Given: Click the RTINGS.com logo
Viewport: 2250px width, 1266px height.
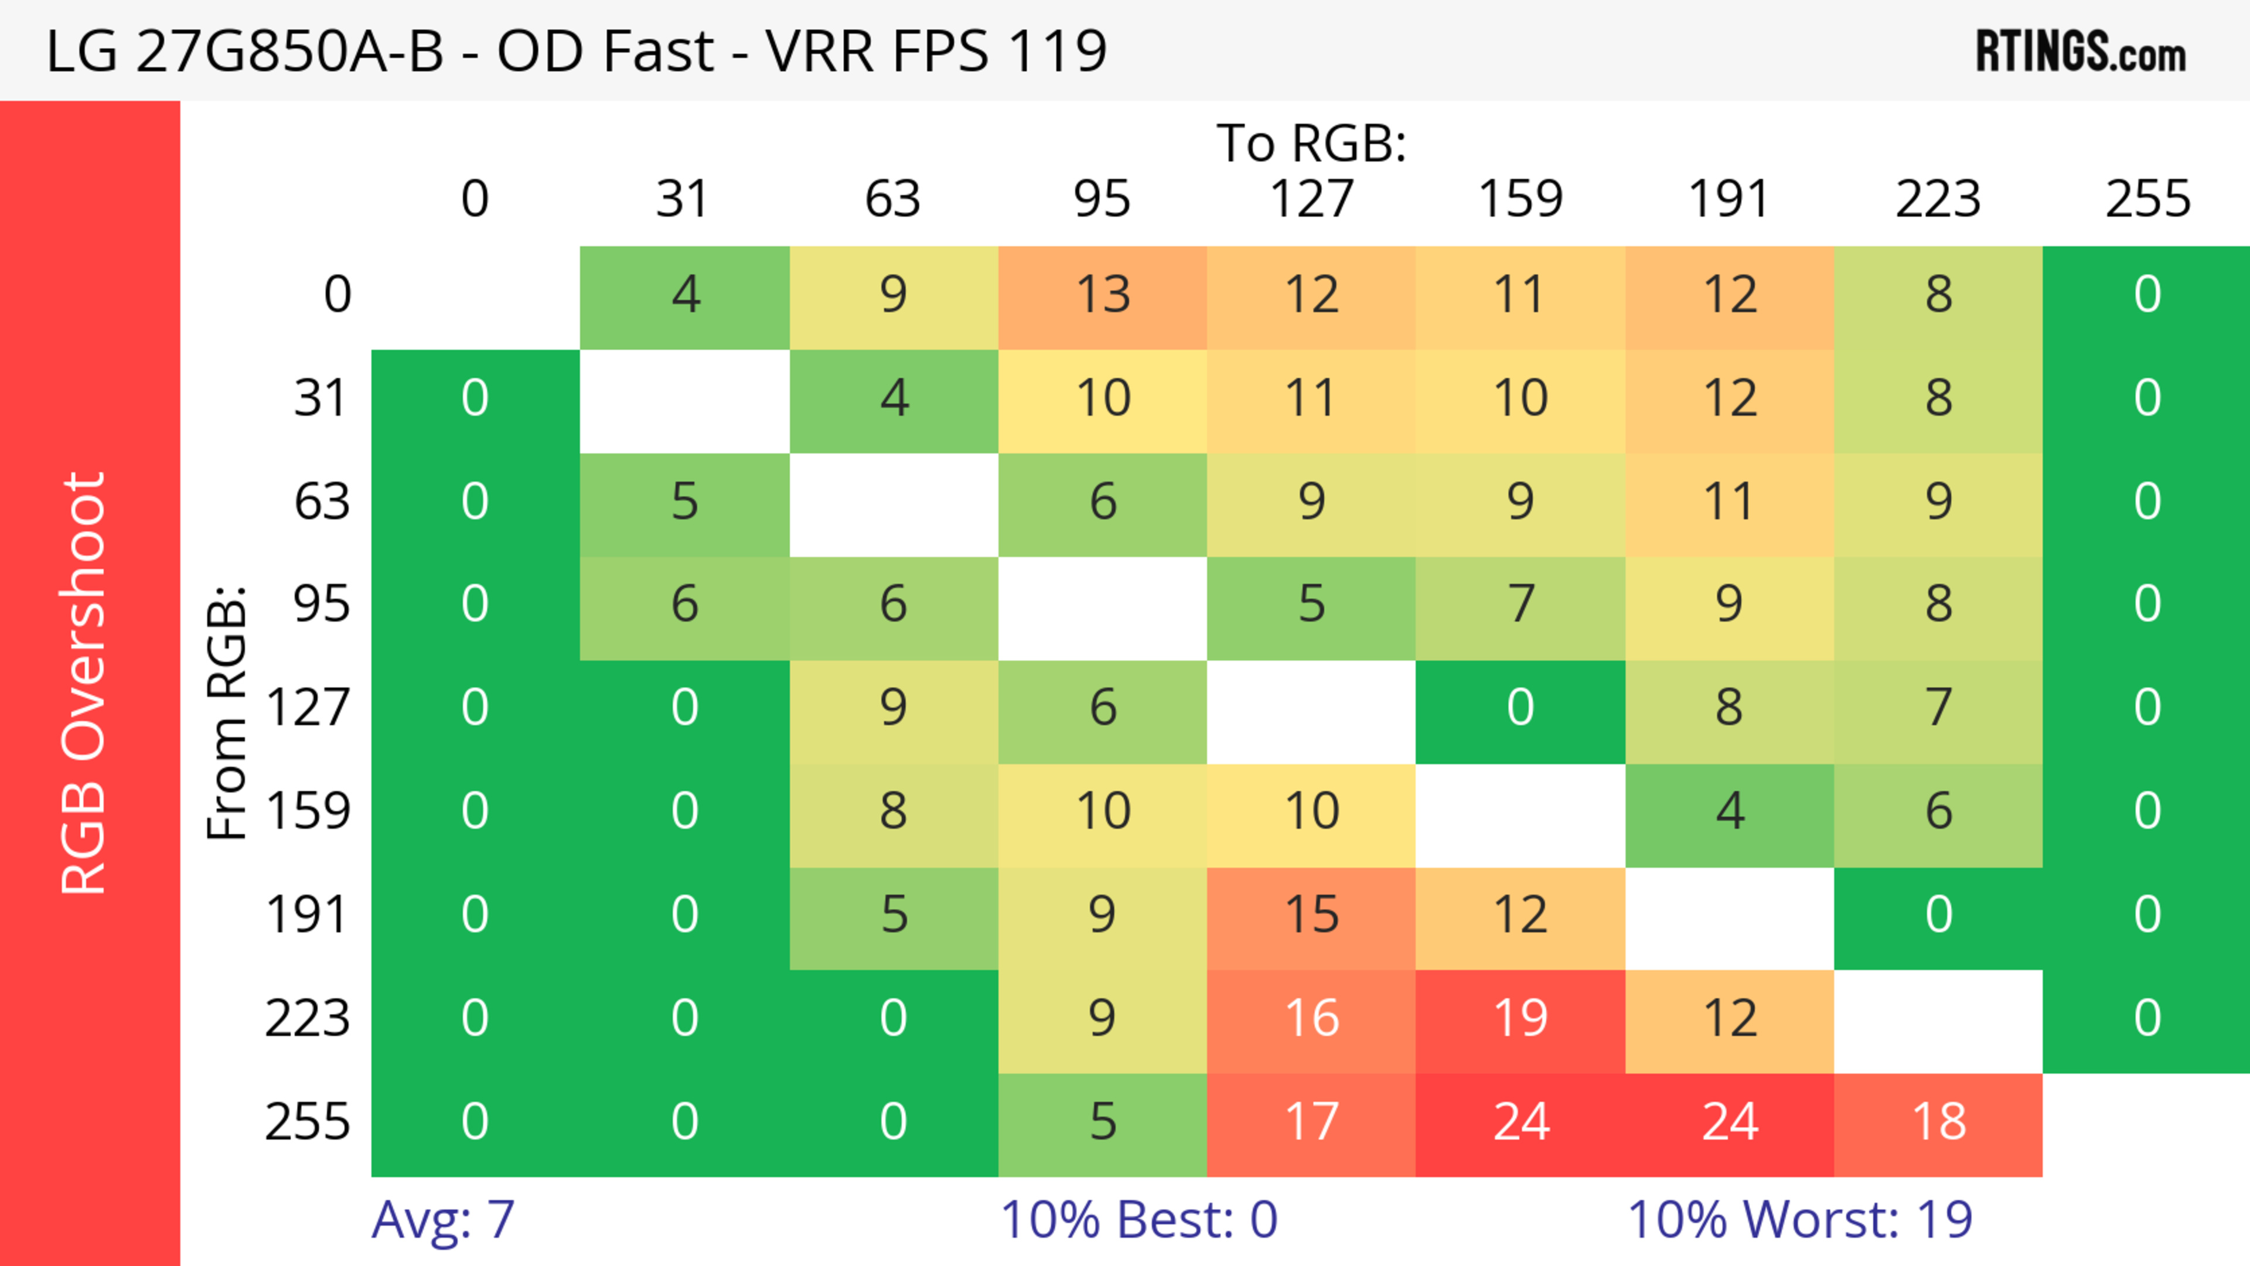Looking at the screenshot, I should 2081,52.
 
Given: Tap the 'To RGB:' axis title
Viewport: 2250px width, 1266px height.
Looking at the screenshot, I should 1311,142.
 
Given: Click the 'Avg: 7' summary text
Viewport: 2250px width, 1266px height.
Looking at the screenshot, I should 443,1219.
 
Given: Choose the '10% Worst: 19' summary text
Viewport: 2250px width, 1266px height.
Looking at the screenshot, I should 1800,1219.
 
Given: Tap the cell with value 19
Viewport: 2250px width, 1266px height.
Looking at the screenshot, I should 1520,1018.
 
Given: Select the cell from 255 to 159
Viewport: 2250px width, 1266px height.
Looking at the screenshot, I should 1520,1122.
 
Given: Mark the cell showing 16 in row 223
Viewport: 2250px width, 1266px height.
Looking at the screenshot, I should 1311,1018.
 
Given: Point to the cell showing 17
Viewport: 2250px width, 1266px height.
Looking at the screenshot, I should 1311,1122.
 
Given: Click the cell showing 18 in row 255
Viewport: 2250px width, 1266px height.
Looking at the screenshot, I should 1938,1122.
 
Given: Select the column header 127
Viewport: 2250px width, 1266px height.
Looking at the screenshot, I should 1311,199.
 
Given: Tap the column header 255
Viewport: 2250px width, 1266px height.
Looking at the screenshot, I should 2147,199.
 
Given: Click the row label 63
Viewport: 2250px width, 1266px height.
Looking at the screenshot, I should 322,501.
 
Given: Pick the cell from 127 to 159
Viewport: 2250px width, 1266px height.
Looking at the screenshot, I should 1520,707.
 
